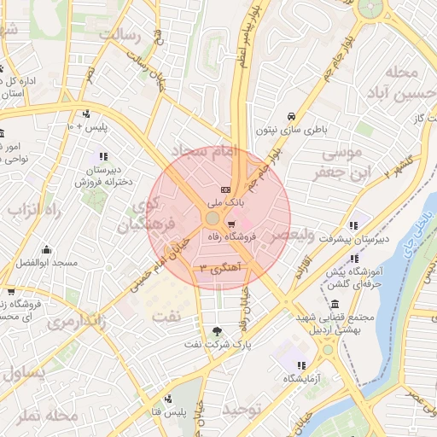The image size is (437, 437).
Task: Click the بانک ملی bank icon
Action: pos(225,189)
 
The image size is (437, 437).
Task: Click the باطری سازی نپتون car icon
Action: pos(291,116)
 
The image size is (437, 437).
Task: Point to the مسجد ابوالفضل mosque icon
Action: pos(46,250)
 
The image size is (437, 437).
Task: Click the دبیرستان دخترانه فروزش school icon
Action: pos(103,156)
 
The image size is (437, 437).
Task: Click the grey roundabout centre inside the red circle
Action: pos(212,219)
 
